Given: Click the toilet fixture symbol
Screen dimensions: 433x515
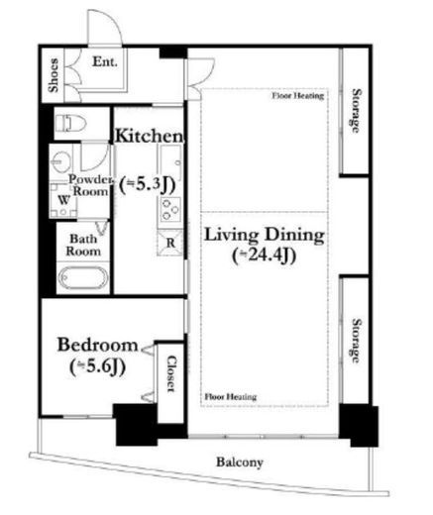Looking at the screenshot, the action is click(x=70, y=124).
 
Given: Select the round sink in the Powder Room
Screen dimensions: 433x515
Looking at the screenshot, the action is click(x=61, y=161).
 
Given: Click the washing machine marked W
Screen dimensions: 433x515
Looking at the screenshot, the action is click(x=63, y=200).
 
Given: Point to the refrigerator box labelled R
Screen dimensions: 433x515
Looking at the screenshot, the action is click(x=170, y=243).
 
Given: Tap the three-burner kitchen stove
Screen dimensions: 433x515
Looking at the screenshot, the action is click(x=170, y=209).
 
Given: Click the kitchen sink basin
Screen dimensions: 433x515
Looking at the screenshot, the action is click(x=170, y=161).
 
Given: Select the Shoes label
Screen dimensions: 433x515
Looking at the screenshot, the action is click(x=54, y=75).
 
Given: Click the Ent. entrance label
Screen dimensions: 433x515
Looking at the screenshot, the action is click(x=105, y=61).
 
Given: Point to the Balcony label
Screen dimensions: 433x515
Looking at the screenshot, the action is click(x=240, y=462).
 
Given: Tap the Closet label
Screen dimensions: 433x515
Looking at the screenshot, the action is click(x=170, y=373).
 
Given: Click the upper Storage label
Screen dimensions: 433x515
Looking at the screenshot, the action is click(x=356, y=111).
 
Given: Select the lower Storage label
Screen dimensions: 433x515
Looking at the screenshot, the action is click(x=356, y=341).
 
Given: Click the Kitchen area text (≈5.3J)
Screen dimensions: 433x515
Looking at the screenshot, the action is click(x=147, y=185).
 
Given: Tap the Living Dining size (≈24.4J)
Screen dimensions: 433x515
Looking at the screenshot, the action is click(x=264, y=256).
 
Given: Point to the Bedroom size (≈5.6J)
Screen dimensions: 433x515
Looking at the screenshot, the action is click(x=97, y=366).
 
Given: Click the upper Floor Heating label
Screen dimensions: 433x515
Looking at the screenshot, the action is click(x=298, y=96).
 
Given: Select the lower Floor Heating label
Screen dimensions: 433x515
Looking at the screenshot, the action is click(x=231, y=396).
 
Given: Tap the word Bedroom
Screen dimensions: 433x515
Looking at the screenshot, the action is click(x=97, y=345).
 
